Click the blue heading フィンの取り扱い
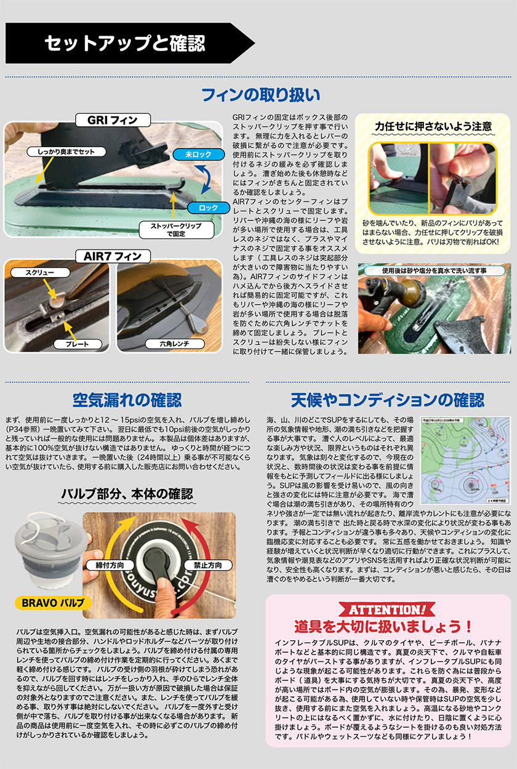261,95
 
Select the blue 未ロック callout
194,155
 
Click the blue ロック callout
208,207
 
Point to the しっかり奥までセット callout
62,151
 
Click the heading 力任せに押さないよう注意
434,126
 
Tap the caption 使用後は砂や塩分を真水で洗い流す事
434,270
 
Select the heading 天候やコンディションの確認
388,400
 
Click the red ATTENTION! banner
388,610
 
